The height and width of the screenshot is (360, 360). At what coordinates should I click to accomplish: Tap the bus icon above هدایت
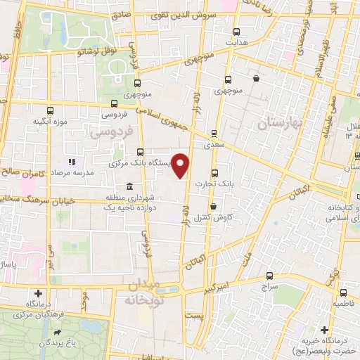(x=236, y=32)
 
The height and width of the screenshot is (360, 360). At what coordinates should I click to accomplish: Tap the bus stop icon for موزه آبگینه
(x=50, y=110)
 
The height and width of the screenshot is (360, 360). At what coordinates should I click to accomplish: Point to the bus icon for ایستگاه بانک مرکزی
(x=141, y=151)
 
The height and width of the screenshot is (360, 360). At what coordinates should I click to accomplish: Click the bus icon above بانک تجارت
(x=214, y=173)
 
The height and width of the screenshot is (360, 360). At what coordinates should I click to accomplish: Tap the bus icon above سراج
(x=270, y=276)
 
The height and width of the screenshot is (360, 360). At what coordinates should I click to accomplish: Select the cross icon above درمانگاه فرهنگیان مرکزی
(x=38, y=292)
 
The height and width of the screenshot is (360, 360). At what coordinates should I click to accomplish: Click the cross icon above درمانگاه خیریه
(x=323, y=329)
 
